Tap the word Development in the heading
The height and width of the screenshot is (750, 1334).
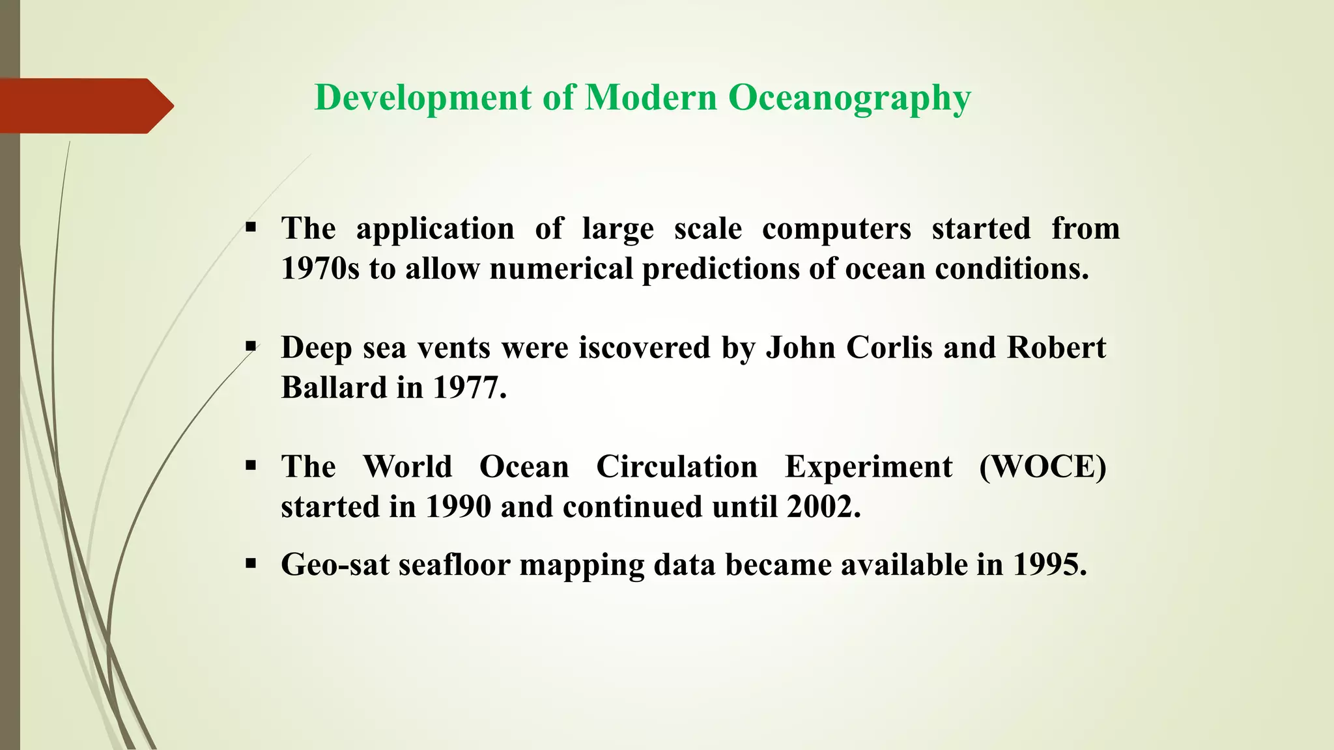coord(423,99)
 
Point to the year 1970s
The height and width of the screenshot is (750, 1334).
coord(320,268)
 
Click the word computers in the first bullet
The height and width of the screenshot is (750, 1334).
coord(836,229)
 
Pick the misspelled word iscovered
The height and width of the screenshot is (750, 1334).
coord(644,348)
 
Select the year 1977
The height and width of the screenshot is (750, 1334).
coord(469,388)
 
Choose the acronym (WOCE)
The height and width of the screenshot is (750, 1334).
coord(1042,467)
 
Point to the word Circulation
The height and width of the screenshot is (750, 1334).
coord(677,467)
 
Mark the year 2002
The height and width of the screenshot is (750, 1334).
coord(823,507)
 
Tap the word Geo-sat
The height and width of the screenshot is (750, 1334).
coord(335,565)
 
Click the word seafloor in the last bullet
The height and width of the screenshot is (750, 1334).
coord(454,565)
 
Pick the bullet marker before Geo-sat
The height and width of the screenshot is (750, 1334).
coord(251,564)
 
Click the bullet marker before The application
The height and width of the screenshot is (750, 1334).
coord(251,228)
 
